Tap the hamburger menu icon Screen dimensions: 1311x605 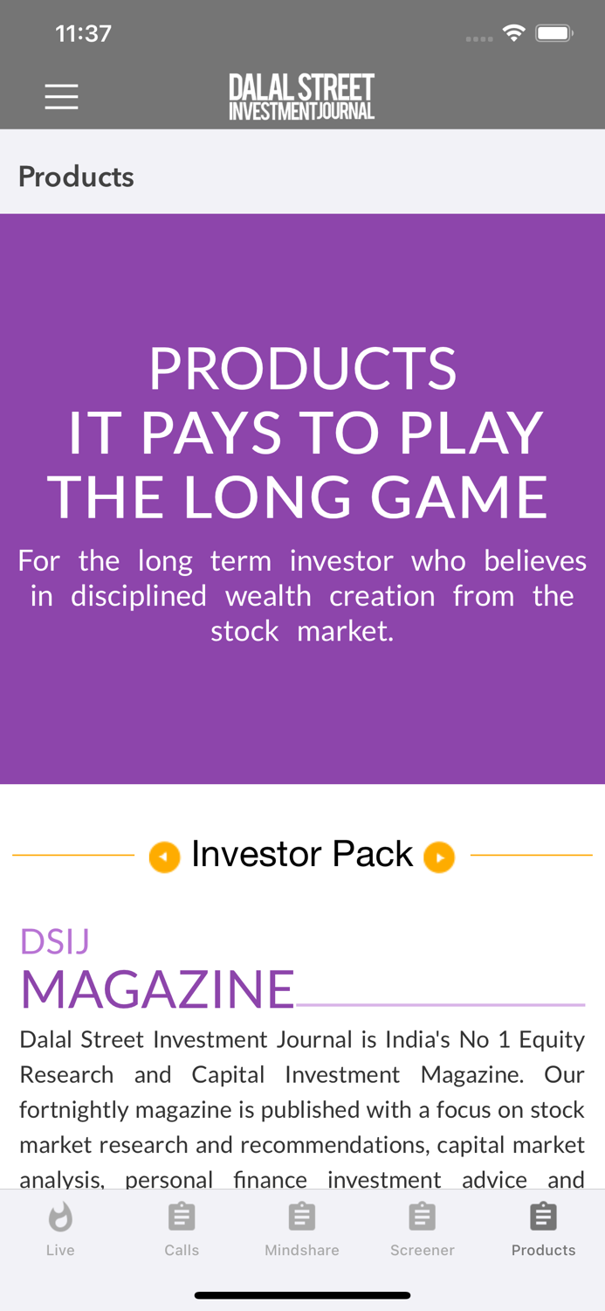coord(61,96)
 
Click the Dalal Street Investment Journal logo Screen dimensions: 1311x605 coord(302,96)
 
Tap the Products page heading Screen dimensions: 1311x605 coord(76,177)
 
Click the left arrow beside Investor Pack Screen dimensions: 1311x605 coord(164,857)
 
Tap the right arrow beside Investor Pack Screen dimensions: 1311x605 coord(439,857)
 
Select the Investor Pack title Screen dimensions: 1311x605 coord(302,854)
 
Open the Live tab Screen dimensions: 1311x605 coord(60,1228)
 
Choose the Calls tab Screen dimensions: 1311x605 coord(182,1228)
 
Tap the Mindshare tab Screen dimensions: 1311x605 coord(302,1228)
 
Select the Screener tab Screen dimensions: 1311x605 coord(423,1228)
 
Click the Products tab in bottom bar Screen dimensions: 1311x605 coord(543,1228)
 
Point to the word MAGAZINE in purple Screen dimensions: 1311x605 coord(158,989)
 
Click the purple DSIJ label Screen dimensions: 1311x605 coord(55,941)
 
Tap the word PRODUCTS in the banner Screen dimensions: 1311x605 coord(302,369)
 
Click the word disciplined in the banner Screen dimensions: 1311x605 coord(139,596)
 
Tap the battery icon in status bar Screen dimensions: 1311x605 coord(553,34)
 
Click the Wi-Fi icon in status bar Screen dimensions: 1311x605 coord(513,33)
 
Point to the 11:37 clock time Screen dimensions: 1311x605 coord(83,34)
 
